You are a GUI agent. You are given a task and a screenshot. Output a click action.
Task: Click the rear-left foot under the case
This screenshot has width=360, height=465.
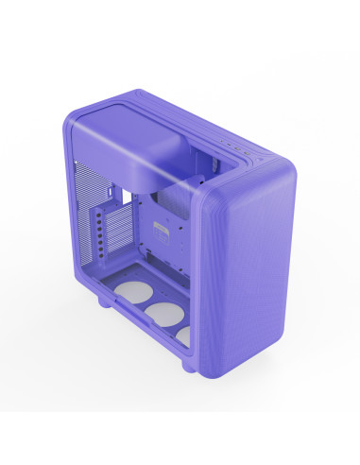tap(106, 307)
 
